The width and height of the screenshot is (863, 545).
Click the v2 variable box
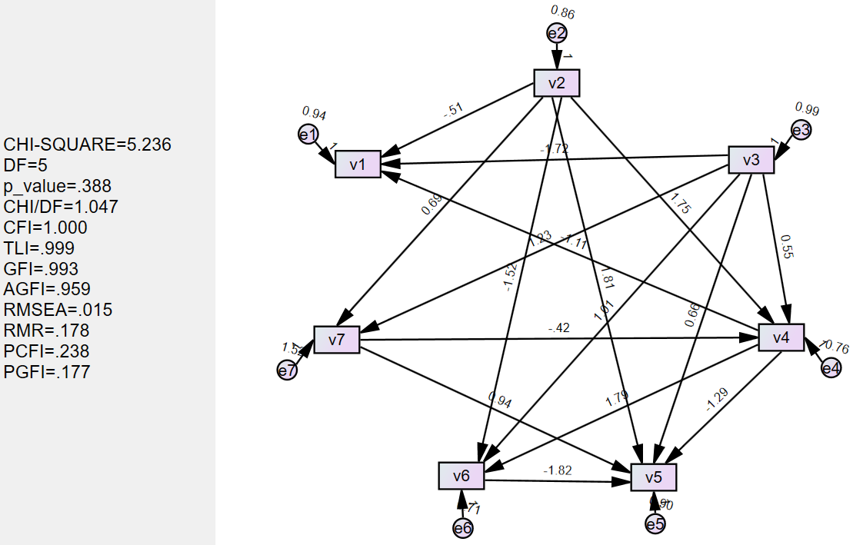click(x=556, y=83)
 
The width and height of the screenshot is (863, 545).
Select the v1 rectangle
click(x=358, y=164)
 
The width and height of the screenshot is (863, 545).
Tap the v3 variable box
click(x=751, y=160)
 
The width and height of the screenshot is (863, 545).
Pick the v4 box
click(x=781, y=337)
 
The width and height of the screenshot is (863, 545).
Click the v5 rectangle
click(x=654, y=477)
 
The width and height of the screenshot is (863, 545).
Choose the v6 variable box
click(x=461, y=476)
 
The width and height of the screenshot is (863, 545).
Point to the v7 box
click(x=336, y=339)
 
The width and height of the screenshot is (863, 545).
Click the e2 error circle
click(x=557, y=33)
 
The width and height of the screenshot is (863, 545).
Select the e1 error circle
click(x=308, y=134)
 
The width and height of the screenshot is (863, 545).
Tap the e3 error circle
click(x=801, y=130)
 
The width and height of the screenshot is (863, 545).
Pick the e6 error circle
click(x=462, y=527)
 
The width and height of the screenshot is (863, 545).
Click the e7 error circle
click(x=287, y=371)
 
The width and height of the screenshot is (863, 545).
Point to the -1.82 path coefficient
click(x=557, y=470)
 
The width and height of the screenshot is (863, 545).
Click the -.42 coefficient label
click(x=558, y=329)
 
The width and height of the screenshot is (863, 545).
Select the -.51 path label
click(x=453, y=111)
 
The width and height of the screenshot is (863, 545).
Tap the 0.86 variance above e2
click(x=562, y=12)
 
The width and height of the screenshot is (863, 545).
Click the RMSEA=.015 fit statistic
click(x=58, y=310)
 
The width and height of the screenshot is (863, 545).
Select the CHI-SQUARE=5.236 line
click(x=87, y=144)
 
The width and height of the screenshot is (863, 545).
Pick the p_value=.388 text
click(x=58, y=185)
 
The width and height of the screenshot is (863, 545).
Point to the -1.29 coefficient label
click(x=718, y=400)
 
